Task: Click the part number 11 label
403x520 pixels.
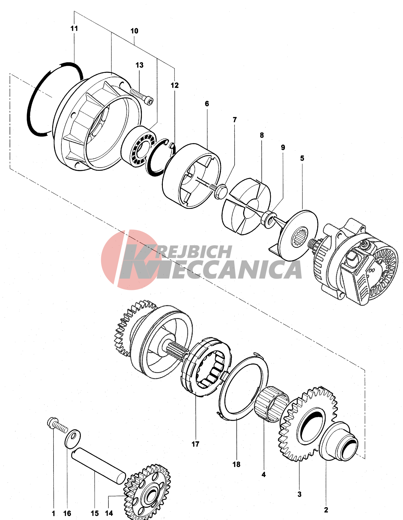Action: [74, 28]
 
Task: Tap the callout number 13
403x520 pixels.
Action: [140, 65]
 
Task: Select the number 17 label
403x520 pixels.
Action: [195, 444]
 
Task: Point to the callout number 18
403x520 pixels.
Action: [236, 464]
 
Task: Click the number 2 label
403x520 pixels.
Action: [326, 510]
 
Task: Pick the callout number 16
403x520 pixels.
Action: [67, 513]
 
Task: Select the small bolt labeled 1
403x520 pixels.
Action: [57, 425]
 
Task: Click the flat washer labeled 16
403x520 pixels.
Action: [72, 438]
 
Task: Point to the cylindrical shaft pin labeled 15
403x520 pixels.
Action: [99, 466]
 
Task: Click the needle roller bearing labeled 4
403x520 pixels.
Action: [272, 404]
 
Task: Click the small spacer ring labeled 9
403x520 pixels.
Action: [268, 220]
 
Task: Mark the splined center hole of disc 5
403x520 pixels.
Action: [300, 236]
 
